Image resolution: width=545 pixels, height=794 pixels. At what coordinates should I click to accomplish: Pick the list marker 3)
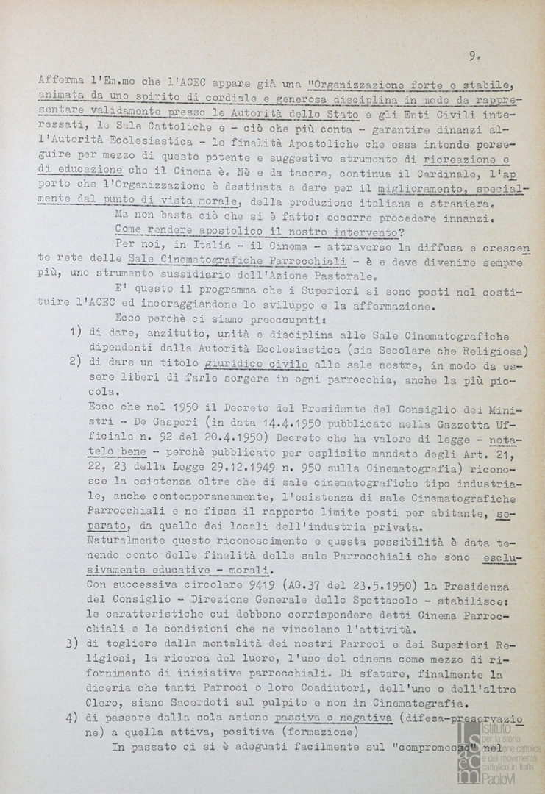(x=73, y=643)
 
